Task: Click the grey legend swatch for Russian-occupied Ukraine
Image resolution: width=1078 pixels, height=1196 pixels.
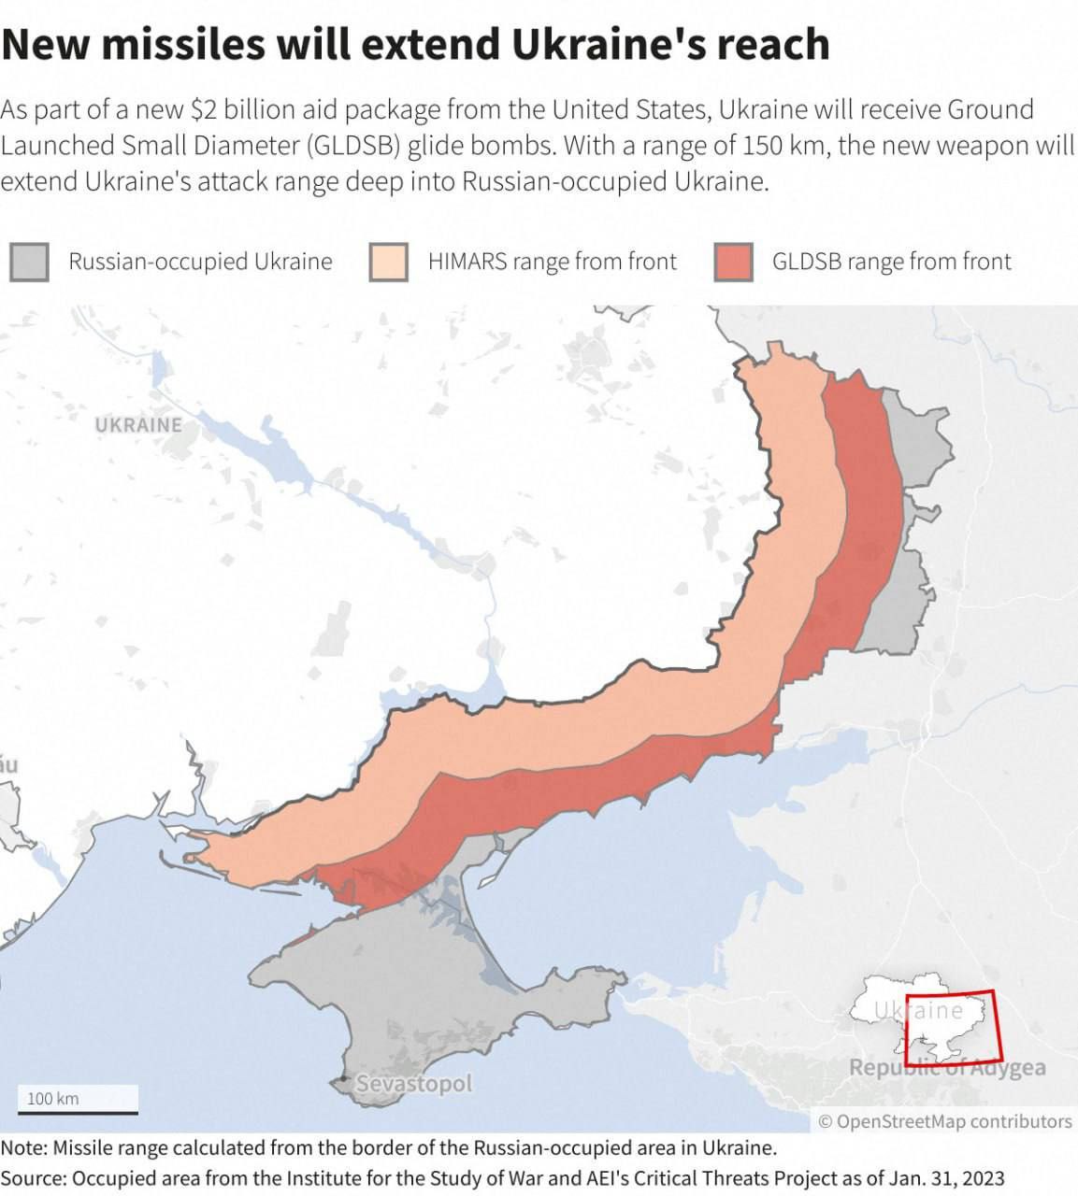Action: pos(29,262)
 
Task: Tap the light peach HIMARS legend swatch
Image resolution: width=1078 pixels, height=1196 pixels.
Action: pos(388,262)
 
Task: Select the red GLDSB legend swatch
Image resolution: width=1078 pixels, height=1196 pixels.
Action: pos(733,262)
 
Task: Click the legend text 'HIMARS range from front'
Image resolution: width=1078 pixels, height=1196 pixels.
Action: pos(552,262)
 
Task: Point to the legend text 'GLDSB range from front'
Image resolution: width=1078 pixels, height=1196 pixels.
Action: pos(891,262)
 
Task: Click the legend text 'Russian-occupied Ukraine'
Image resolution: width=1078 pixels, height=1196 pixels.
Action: pos(200,262)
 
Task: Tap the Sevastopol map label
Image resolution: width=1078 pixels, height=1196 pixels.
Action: pos(414,1084)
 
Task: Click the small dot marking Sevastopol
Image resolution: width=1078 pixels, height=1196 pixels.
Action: pos(345,1080)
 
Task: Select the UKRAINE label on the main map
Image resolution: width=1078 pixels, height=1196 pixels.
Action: pos(138,425)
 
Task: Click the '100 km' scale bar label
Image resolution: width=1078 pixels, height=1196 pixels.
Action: pos(52,1098)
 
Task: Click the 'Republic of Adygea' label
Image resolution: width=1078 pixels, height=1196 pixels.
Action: pos(946,1068)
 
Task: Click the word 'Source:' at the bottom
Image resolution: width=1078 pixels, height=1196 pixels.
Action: pos(33,1178)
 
